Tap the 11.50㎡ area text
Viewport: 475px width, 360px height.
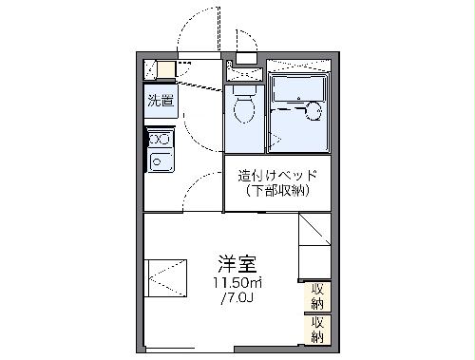237,285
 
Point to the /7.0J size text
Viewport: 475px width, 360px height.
237,301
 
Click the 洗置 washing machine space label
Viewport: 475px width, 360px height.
159,100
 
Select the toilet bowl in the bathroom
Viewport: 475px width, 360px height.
243,107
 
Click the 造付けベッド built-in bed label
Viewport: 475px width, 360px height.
276,176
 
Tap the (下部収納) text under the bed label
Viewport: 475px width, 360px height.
276,193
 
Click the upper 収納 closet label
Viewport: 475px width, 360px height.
316,295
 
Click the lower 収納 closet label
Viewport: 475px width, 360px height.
316,330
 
